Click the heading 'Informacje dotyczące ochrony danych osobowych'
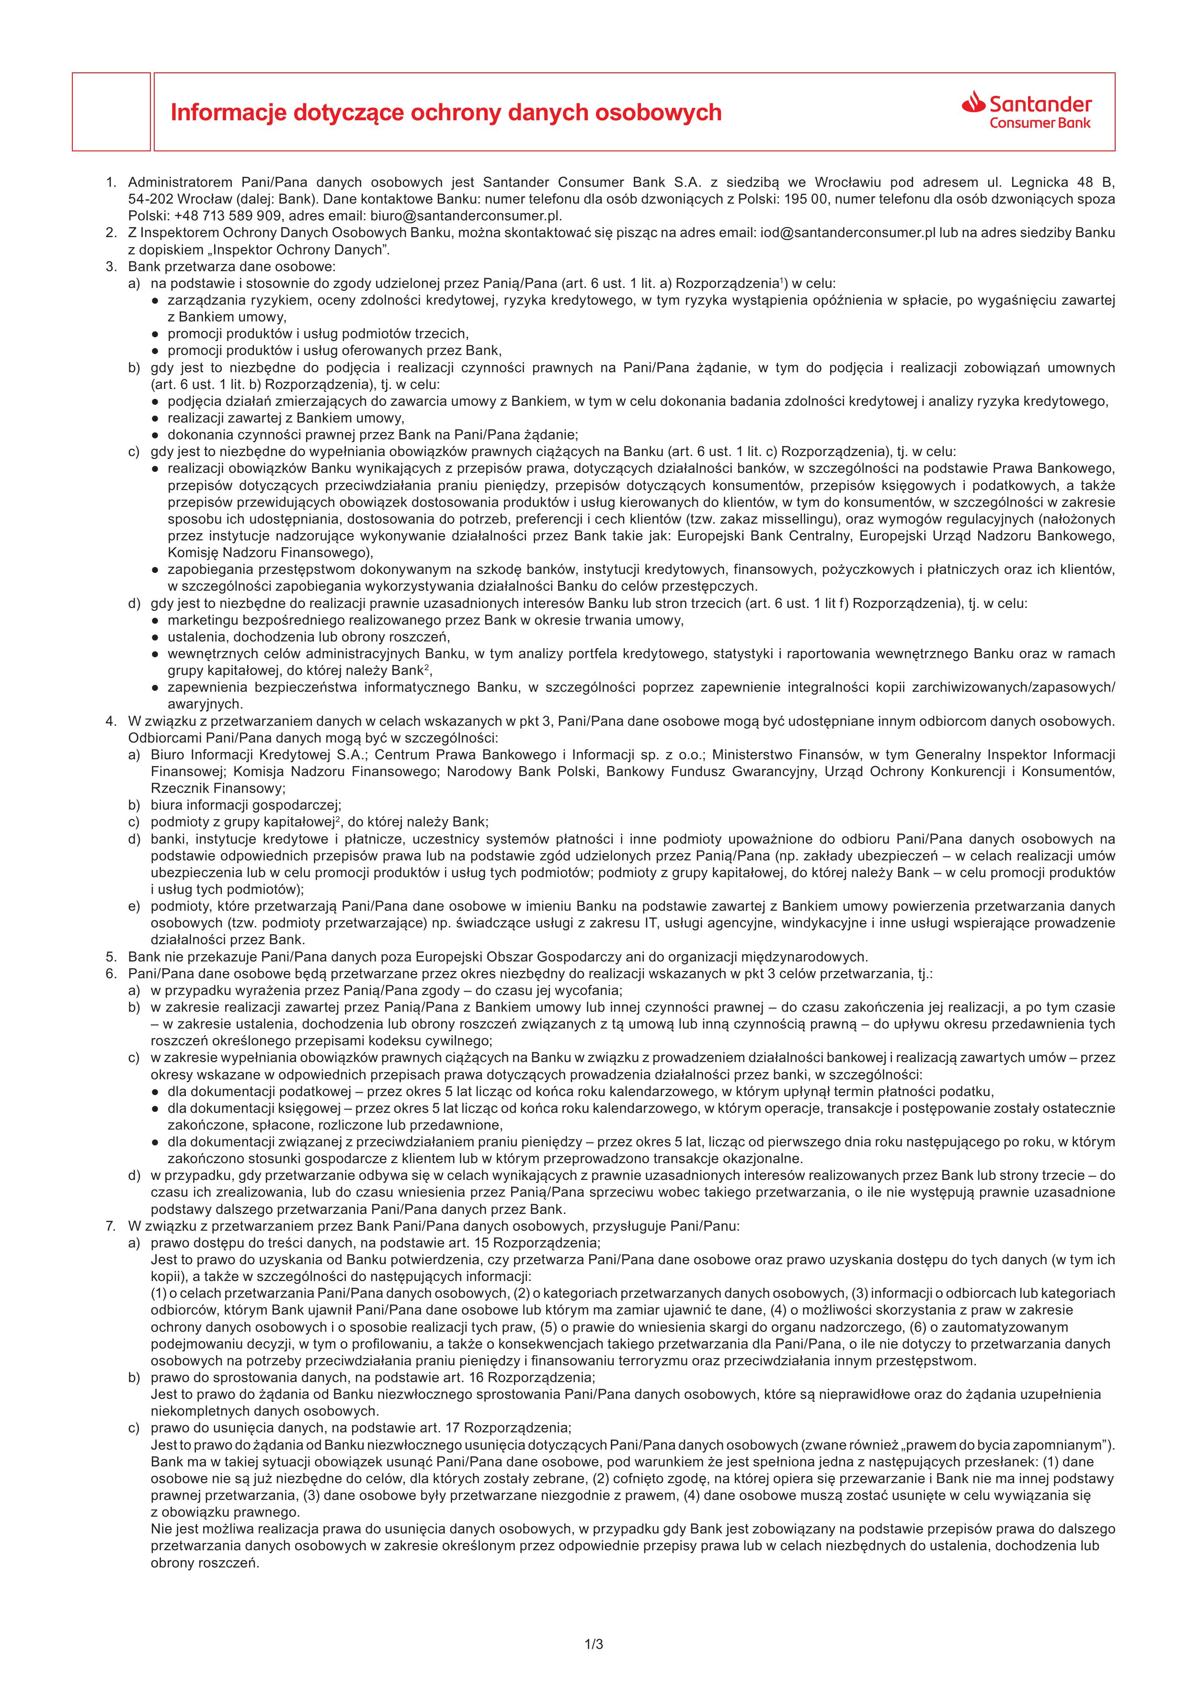pyautogui.click(x=446, y=113)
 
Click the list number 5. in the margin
pyautogui.click(x=111, y=957)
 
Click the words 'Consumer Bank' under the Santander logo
pyautogui.click(x=1039, y=123)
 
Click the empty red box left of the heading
pyautogui.click(x=111, y=112)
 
